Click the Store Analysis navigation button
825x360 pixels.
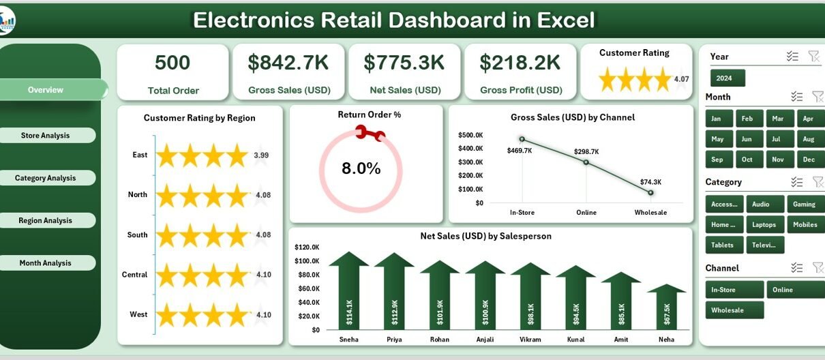pyautogui.click(x=46, y=136)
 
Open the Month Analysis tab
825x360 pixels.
pyautogui.click(x=46, y=263)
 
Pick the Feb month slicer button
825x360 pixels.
pyautogui.click(x=747, y=119)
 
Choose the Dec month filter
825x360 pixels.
pyautogui.click(x=809, y=159)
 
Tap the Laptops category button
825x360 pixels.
pyautogui.click(x=764, y=224)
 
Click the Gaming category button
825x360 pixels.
pyautogui.click(x=804, y=204)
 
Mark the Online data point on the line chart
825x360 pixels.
pyautogui.click(x=586, y=162)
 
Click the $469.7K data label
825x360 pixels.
pyautogui.click(x=520, y=151)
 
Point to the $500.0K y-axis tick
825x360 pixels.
pyautogui.click(x=471, y=135)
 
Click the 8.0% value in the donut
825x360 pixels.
pyautogui.click(x=361, y=168)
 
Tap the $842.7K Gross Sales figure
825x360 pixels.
pyautogui.click(x=288, y=63)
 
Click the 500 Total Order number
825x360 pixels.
pyautogui.click(x=172, y=63)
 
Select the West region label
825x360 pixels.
pyautogui.click(x=138, y=314)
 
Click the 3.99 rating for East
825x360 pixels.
pyautogui.click(x=261, y=155)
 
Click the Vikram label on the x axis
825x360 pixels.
pyautogui.click(x=530, y=340)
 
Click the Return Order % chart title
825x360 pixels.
pyautogui.click(x=369, y=115)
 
